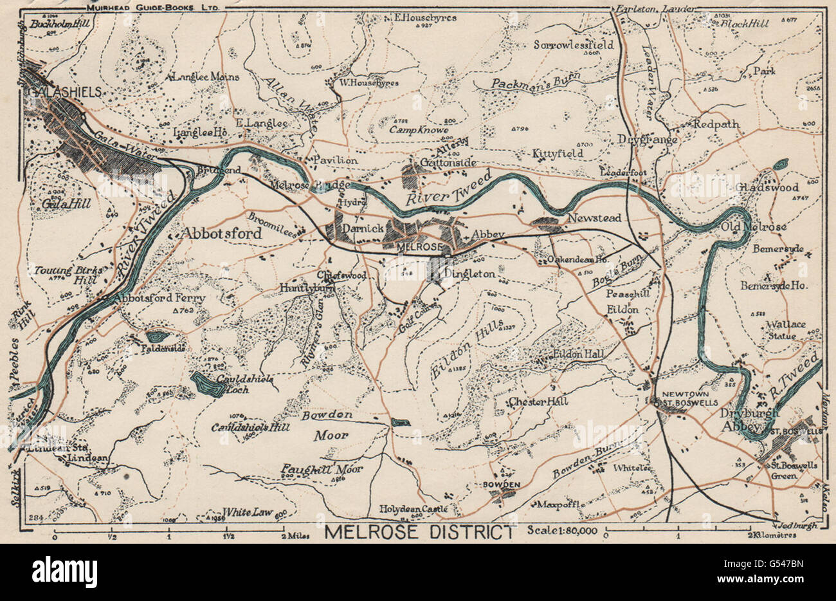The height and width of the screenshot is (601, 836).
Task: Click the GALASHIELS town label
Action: click(62, 92)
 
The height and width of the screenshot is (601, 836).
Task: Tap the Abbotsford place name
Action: click(223, 234)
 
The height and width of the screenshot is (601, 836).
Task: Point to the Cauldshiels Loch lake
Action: click(205, 384)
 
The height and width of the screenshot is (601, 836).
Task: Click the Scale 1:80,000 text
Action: click(561, 532)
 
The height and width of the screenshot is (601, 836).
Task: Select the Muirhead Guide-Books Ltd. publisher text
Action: click(153, 6)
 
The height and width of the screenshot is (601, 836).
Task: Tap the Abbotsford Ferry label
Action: click(159, 299)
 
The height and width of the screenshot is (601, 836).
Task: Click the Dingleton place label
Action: click(469, 273)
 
